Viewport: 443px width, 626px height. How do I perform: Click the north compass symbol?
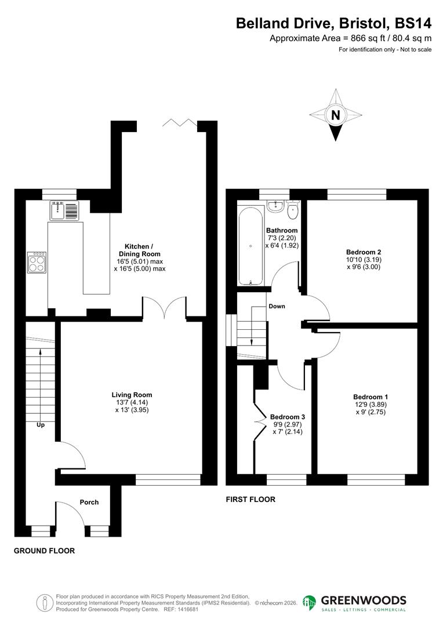[335, 115]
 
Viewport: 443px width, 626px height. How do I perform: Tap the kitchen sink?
[64, 210]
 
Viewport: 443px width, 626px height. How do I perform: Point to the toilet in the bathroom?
[293, 210]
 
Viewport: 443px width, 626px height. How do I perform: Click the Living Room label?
[132, 395]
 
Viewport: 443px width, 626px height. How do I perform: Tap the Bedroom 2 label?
[364, 252]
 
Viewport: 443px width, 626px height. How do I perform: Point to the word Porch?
[89, 502]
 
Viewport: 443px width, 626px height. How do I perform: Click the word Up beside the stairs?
[41, 425]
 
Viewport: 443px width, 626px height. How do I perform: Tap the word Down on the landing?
[277, 306]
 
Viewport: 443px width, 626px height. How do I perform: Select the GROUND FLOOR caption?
[44, 551]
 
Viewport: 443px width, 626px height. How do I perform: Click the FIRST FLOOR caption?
[250, 499]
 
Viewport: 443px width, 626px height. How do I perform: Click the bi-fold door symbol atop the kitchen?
[180, 122]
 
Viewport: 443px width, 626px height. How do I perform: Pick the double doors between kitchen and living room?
[165, 307]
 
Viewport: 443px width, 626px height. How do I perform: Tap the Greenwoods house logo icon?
[310, 603]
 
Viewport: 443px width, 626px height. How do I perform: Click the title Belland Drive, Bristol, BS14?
[333, 23]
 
